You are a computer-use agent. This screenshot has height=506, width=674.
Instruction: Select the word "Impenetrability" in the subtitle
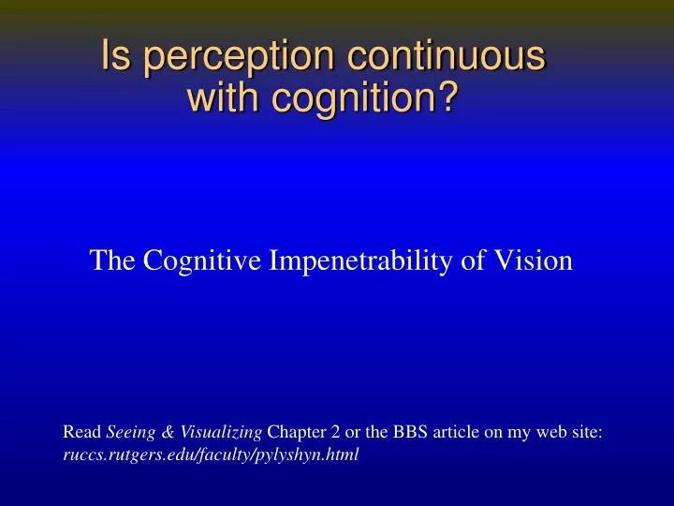[x=379, y=262]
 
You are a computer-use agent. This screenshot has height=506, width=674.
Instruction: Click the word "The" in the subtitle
[x=113, y=261]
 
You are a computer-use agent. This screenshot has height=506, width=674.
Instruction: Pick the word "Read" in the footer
[x=81, y=433]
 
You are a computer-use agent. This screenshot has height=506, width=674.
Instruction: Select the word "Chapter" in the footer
[x=296, y=433]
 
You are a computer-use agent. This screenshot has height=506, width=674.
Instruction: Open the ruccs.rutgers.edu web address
[x=211, y=456]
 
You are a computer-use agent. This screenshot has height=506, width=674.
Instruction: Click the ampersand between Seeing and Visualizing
[x=169, y=433]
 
